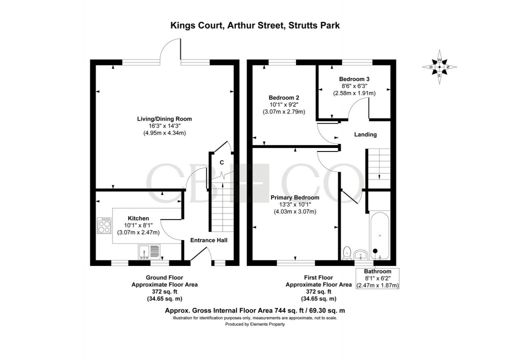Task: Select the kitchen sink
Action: [149, 252]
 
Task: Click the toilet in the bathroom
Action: [348, 252]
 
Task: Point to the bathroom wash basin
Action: [360, 255]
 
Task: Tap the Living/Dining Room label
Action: [164, 119]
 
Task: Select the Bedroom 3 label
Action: [354, 79]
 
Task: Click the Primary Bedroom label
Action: [295, 197]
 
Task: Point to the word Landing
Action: [365, 134]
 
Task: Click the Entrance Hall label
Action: [208, 240]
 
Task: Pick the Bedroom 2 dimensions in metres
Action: [283, 111]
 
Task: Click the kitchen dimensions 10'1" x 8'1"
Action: [138, 225]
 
